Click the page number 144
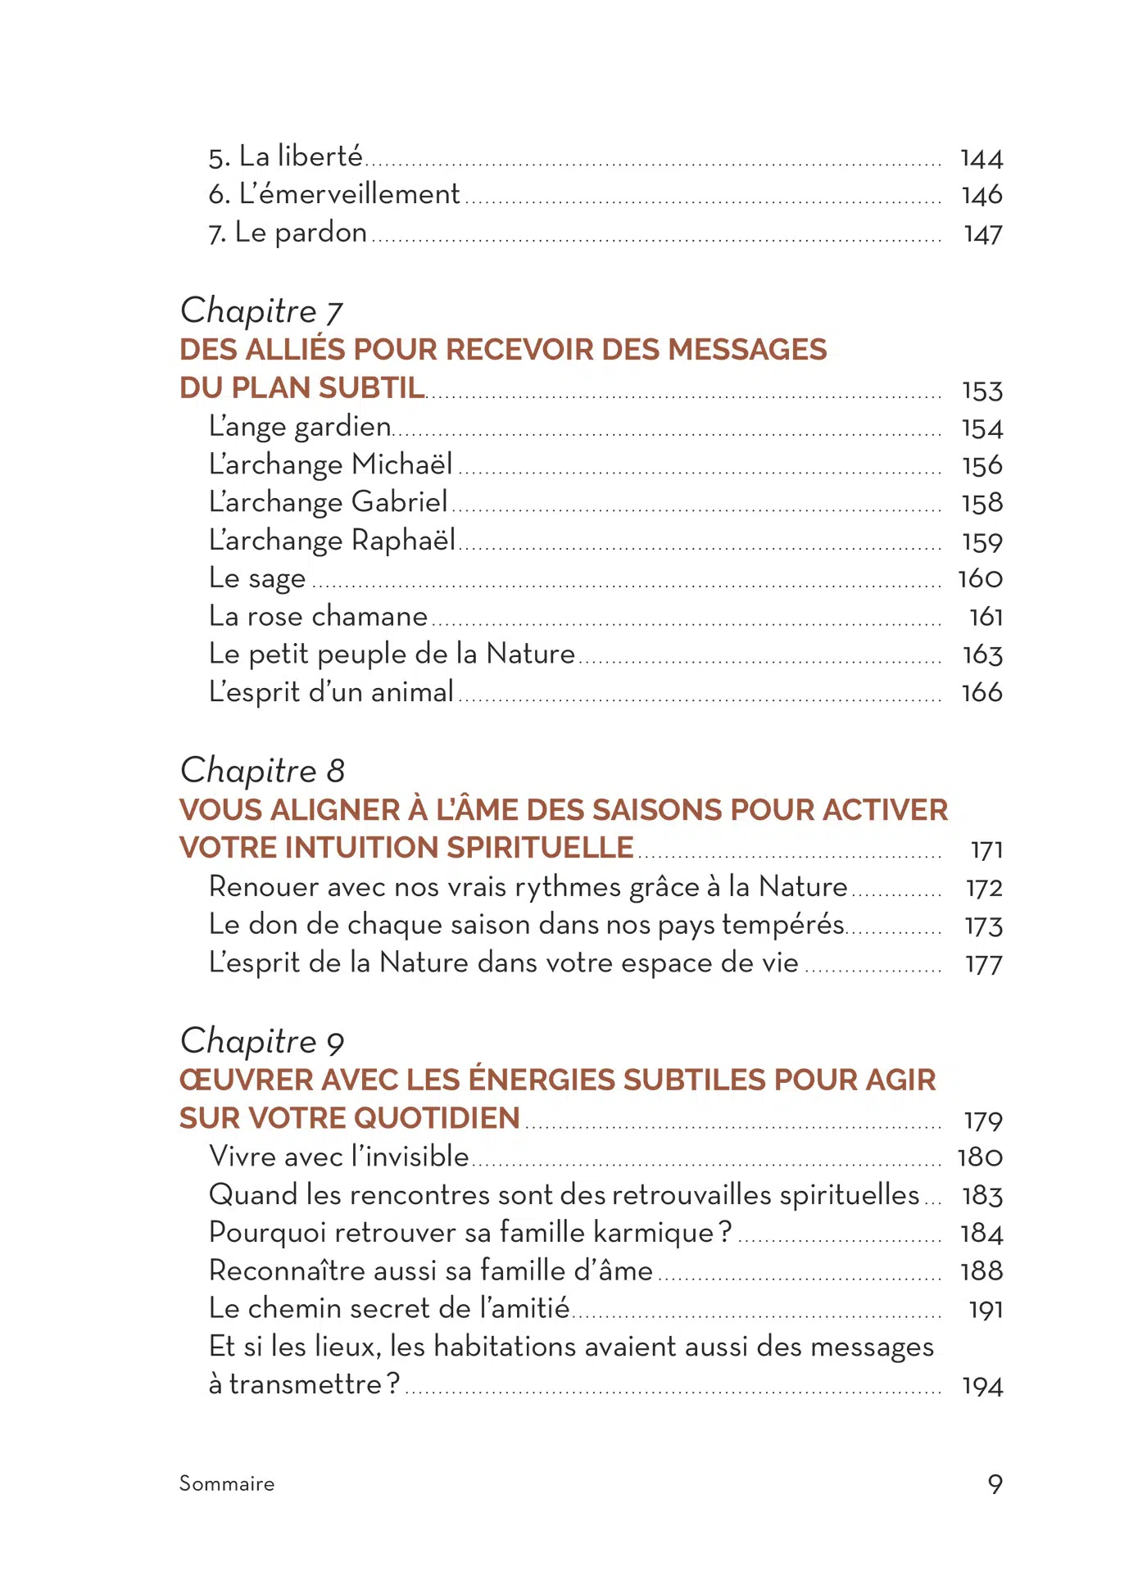pos(982,158)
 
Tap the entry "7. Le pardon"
pos(288,233)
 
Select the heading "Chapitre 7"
pos(261,311)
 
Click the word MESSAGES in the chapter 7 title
pos(747,350)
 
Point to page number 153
pos(982,391)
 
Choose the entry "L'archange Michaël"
pos(330,464)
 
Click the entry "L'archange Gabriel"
pos(328,502)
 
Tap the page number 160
pos(981,579)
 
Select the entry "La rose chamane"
pos(319,616)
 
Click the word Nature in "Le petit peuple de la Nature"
pos(531,654)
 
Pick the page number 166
pos(982,693)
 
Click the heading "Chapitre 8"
pos(262,771)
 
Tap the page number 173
pos(984,926)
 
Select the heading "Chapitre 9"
pos(262,1041)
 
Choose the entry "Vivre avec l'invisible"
pos(339,1157)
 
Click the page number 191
pos(986,1310)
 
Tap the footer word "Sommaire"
pos(227,1483)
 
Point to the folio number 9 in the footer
pos(995,1483)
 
